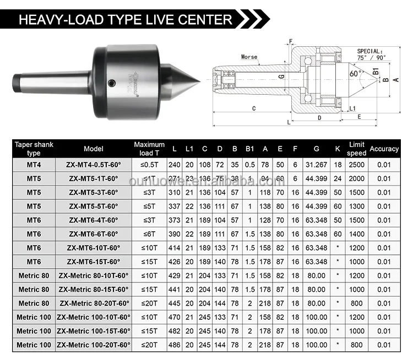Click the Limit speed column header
point(357,149)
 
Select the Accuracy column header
point(384,149)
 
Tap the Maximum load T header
point(149,149)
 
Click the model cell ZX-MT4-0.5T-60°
point(94,165)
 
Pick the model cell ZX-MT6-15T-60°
point(94,261)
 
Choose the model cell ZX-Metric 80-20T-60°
point(94,303)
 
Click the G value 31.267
point(316,165)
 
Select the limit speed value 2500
point(357,165)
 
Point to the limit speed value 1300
point(357,206)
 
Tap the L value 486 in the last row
point(175,345)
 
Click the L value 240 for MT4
point(175,165)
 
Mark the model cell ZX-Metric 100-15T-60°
point(94,331)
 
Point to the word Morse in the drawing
point(249,57)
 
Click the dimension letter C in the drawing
point(254,108)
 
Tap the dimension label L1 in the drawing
point(352,108)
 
